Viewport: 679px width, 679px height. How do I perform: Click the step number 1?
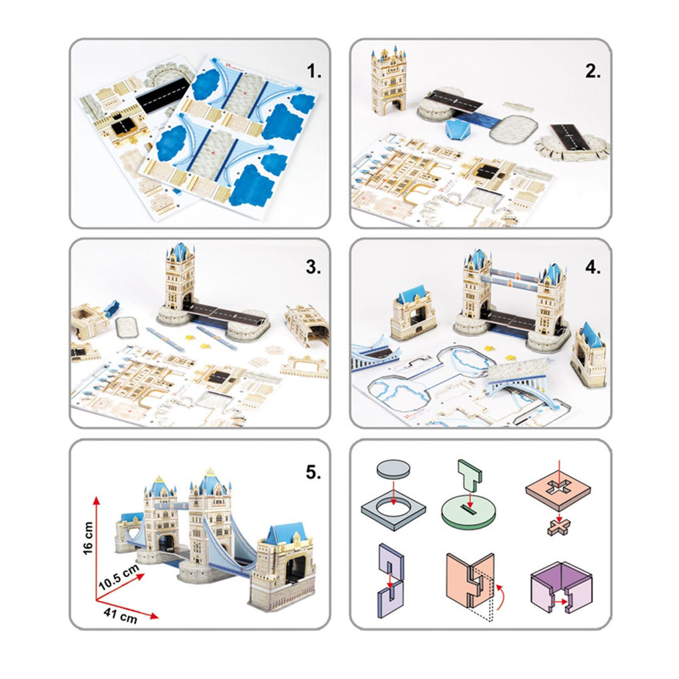(314, 72)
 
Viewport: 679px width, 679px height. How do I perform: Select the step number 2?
(593, 72)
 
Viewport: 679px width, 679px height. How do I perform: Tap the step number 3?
(314, 267)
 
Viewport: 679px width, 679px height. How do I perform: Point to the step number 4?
(593, 267)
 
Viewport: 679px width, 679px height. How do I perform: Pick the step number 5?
(314, 472)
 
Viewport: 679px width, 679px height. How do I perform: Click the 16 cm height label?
(88, 538)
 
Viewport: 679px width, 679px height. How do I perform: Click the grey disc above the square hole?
(393, 469)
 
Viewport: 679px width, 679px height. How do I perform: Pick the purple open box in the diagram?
(561, 587)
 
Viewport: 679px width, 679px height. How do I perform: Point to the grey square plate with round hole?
(393, 511)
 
